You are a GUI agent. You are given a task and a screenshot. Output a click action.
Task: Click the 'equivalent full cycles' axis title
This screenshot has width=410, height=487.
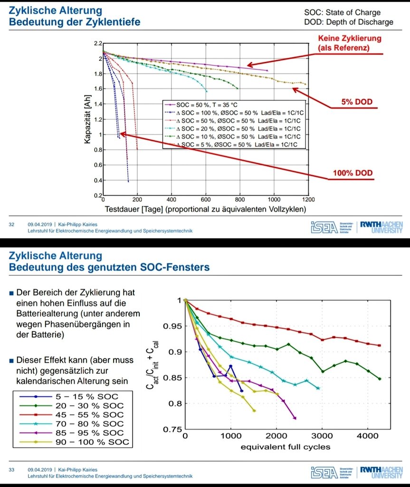pyautogui.click(x=285, y=447)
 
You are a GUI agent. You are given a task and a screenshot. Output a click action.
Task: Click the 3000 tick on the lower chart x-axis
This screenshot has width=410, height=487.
pyautogui.click(x=322, y=436)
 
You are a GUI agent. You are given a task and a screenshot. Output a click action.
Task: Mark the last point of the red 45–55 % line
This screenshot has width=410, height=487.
pyautogui.click(x=379, y=345)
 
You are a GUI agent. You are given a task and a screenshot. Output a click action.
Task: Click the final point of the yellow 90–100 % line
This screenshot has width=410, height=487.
pyautogui.click(x=254, y=410)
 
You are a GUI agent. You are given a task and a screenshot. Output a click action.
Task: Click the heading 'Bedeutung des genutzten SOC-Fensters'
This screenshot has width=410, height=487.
pyautogui.click(x=109, y=268)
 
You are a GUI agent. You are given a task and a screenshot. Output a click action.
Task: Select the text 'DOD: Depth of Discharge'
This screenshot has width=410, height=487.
pyautogui.click(x=348, y=22)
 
